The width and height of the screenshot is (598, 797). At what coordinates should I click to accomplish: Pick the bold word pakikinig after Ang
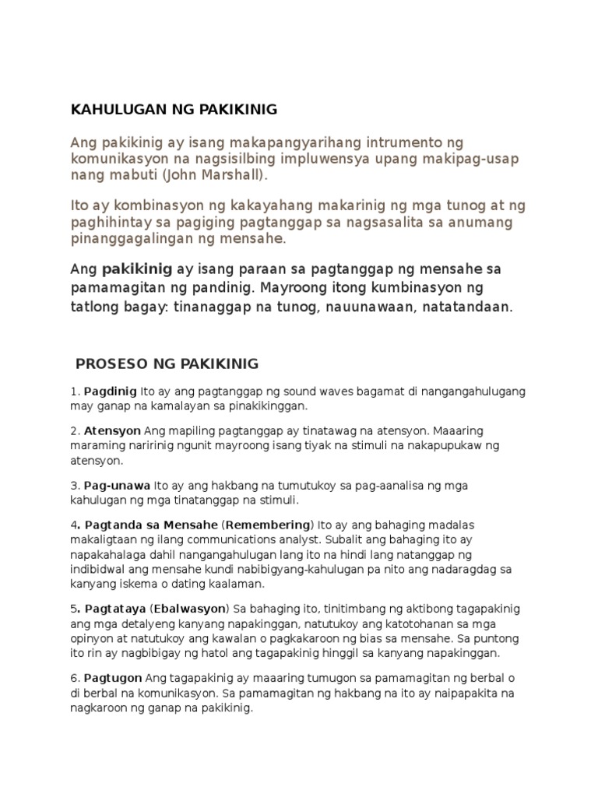point(138,269)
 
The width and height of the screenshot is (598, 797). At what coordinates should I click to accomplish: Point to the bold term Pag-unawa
point(118,485)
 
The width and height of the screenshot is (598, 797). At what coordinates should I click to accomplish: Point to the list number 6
point(74,678)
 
